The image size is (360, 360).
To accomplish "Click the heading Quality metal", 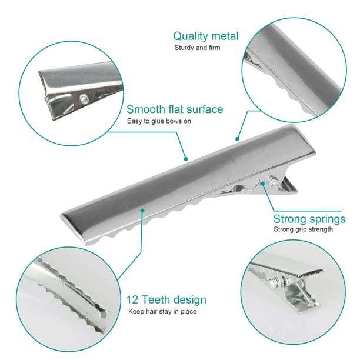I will (206, 36).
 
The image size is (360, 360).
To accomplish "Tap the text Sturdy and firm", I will (197, 48).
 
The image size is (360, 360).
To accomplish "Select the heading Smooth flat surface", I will (175, 109).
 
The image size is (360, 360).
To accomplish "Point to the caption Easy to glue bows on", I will (159, 122).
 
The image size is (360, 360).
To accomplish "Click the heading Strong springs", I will (309, 219).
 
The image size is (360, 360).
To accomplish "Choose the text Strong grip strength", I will (303, 229).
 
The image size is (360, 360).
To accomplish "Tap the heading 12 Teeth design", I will (166, 300).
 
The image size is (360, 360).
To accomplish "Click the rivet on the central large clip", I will (272, 183).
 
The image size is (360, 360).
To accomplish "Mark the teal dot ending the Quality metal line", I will (237, 139).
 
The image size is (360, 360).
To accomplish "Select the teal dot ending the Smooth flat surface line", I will (186, 158).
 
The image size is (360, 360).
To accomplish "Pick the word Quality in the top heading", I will (190, 36).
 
